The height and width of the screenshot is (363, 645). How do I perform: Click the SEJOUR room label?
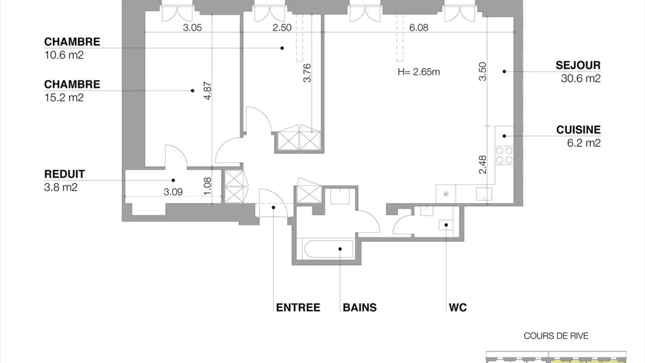pos(578,65)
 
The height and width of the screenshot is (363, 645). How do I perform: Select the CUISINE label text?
pos(578,130)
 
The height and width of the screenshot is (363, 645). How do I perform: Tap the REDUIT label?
pos(64,174)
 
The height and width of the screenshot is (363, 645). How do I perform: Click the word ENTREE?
pos(298,307)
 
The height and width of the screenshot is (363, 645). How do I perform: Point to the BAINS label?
pos(360,307)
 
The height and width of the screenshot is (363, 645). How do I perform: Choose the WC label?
pos(457,307)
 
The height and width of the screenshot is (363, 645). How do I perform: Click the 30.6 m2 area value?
pos(580,78)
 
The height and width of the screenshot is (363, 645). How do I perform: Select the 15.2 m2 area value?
pos(64,98)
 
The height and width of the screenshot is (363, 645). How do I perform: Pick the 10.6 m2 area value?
pos(64,55)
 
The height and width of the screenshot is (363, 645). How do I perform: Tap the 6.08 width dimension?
pos(419,28)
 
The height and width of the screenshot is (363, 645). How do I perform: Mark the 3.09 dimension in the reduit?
pos(173,192)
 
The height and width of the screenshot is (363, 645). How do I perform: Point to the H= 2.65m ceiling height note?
pos(419,72)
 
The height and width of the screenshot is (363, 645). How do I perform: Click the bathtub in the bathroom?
pos(328,249)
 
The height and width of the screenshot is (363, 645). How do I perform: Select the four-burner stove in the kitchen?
pos(504,155)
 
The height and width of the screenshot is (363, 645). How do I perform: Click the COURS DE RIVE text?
pos(556,336)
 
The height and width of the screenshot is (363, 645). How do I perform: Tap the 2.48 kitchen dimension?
pos(482,164)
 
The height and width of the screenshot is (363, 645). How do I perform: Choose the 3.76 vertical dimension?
pos(307,73)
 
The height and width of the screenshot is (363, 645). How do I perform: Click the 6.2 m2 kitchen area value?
pos(583,143)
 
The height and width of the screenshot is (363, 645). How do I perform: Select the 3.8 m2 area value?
pos(60,187)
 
